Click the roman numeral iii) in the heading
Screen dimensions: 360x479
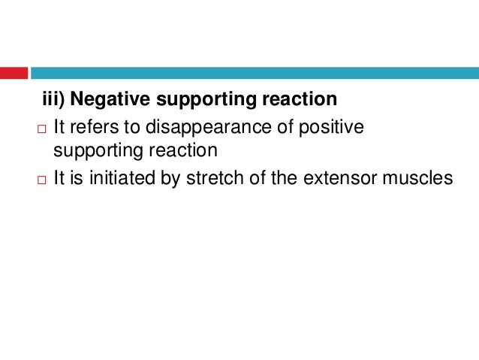(53, 100)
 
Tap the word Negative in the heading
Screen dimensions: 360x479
(105, 100)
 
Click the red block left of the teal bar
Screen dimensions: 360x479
(14, 73)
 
